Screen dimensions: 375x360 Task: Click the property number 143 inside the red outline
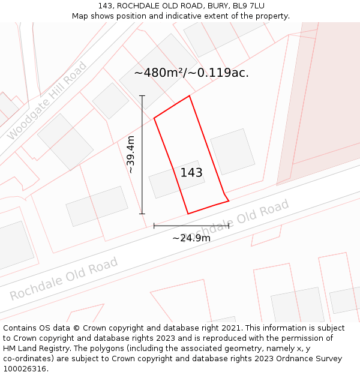191,173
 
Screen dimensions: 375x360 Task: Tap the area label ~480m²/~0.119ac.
191,73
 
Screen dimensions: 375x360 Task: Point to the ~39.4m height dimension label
131,155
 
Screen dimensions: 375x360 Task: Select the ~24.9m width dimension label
191,238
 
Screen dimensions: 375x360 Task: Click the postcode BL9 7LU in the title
247,6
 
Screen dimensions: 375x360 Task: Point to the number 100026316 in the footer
25,368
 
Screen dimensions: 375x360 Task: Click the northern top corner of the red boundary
190,96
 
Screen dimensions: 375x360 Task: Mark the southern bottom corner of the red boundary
188,214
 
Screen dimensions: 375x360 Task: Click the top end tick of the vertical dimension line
142,96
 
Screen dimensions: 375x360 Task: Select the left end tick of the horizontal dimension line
154,226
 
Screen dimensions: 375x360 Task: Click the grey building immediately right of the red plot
232,152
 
